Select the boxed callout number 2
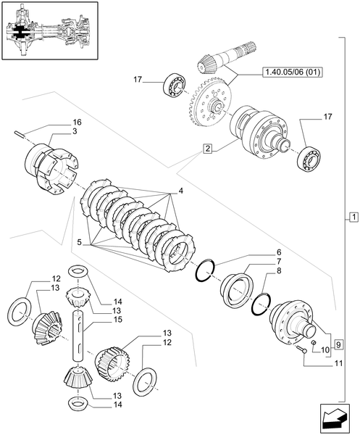208,149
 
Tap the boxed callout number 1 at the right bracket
352,217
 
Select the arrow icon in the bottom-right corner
337,418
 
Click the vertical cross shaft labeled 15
78,319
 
